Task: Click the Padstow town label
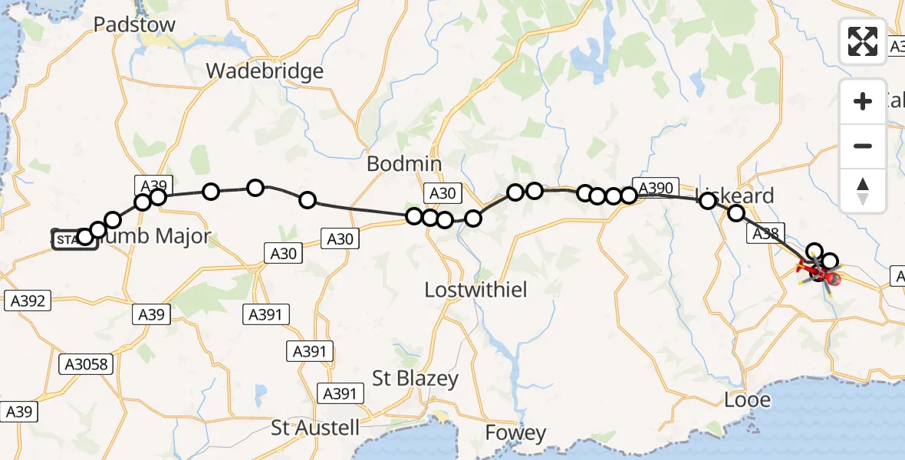pos(134,25)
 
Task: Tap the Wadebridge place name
pos(265,71)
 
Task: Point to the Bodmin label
pos(404,164)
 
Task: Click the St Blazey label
pos(415,378)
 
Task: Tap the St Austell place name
pos(315,427)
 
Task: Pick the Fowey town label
pos(515,433)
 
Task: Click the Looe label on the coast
pos(747,399)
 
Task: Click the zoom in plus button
pos(863,101)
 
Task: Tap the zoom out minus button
pos(863,146)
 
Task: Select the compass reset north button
pos(863,190)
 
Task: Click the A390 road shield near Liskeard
pos(654,188)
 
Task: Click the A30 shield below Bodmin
pos(443,195)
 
